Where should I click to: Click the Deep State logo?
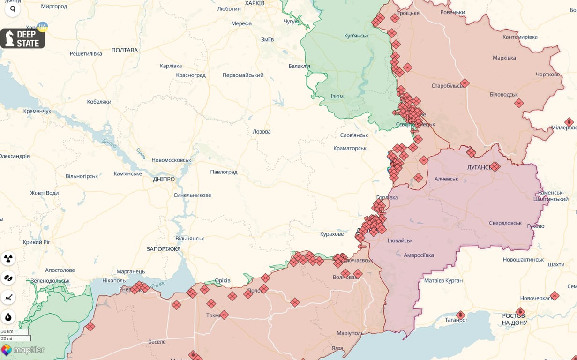pyautogui.click(x=22, y=38)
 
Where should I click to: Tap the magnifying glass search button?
pyautogui.click(x=13, y=9)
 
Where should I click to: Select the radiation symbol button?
pyautogui.click(x=8, y=258)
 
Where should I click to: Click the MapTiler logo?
pyautogui.click(x=23, y=350)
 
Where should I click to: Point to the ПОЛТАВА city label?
pyautogui.click(x=125, y=50)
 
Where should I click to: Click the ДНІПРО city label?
pyautogui.click(x=164, y=179)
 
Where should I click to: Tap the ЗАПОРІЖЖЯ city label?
pyautogui.click(x=163, y=249)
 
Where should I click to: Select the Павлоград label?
pyautogui.click(x=224, y=172)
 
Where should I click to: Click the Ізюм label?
pyautogui.click(x=337, y=96)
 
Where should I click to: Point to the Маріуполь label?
pyautogui.click(x=350, y=333)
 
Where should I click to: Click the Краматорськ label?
pyautogui.click(x=350, y=148)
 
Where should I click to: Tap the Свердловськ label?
pyautogui.click(x=505, y=223)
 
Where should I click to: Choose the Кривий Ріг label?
pyautogui.click(x=37, y=242)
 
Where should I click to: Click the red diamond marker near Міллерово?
pyautogui.click(x=569, y=122)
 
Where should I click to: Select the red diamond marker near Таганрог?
pyautogui.click(x=460, y=315)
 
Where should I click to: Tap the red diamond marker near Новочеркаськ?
pyautogui.click(x=555, y=296)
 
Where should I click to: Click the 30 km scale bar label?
pyautogui.click(x=7, y=331)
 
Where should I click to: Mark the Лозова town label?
pyautogui.click(x=262, y=132)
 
